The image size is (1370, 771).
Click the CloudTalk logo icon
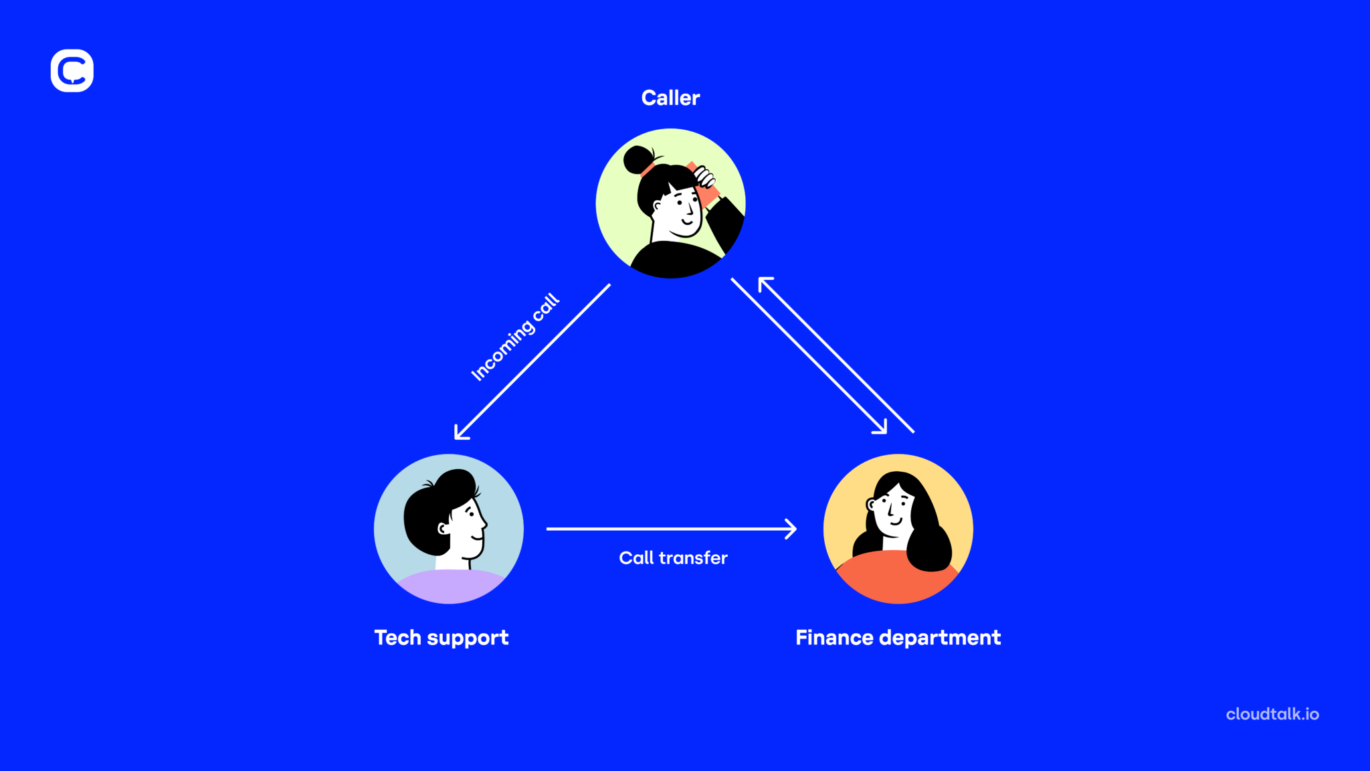[x=72, y=70]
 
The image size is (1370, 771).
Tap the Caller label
[x=670, y=98]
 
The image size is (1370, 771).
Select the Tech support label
[x=442, y=638]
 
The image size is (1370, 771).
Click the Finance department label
[x=898, y=638]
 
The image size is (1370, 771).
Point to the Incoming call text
[x=514, y=337]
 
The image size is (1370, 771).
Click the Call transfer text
[x=673, y=558]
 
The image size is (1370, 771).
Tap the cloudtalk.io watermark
[x=1272, y=714]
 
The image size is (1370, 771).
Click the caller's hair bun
[x=638, y=160]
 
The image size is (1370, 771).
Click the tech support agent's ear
[x=442, y=529]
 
